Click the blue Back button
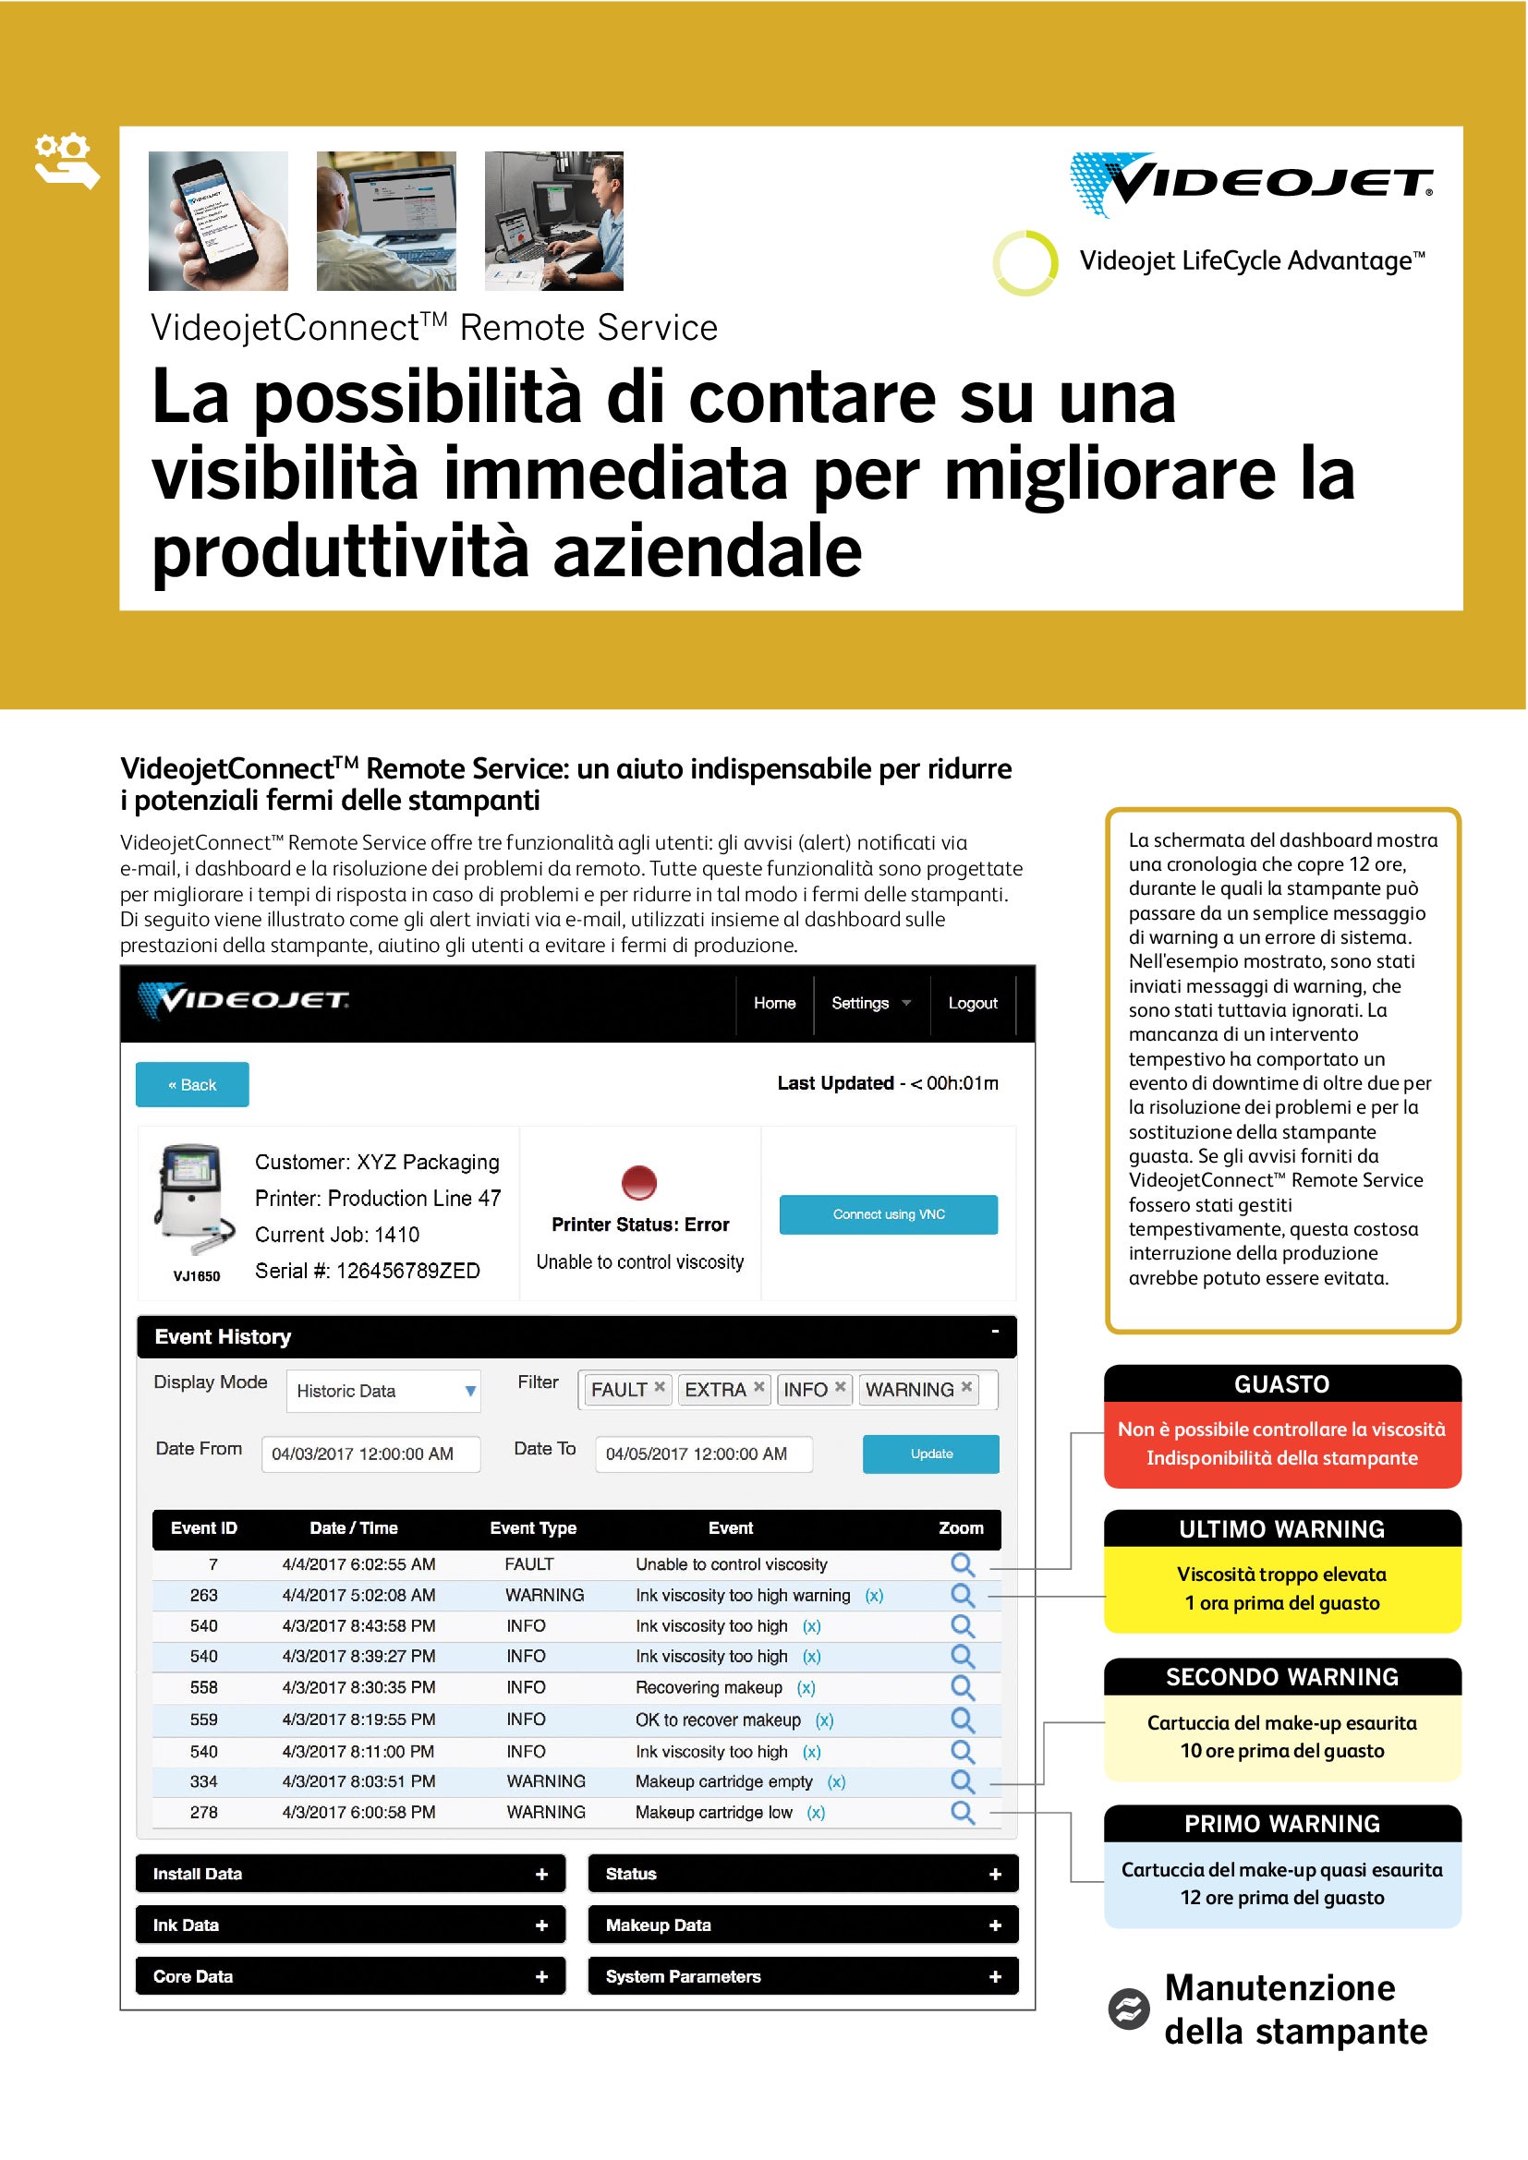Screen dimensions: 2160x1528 click(x=192, y=1085)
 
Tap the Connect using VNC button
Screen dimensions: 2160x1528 click(x=888, y=1214)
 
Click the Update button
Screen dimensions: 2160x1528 click(x=930, y=1454)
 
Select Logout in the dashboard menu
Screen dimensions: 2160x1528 click(x=972, y=1003)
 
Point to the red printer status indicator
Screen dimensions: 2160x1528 click(x=639, y=1182)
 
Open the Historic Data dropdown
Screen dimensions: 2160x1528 click(x=383, y=1391)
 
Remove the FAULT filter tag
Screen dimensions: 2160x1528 click(x=660, y=1387)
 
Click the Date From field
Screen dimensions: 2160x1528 click(x=370, y=1454)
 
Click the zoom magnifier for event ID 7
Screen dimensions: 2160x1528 click(x=962, y=1563)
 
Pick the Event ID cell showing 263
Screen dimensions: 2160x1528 click(x=203, y=1595)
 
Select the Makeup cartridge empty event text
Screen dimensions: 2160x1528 click(x=723, y=1780)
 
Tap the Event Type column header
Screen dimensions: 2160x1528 click(x=532, y=1527)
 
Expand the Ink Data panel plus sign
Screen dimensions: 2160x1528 click(x=541, y=1925)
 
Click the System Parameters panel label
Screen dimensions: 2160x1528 click(x=683, y=1976)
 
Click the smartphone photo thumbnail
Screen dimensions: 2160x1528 click(x=218, y=221)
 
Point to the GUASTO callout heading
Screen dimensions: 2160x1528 click(x=1281, y=1384)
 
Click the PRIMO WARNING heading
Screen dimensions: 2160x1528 click(x=1281, y=1823)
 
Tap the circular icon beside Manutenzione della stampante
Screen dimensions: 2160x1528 click(x=1128, y=2009)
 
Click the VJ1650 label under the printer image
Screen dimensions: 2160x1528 click(x=197, y=1275)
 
